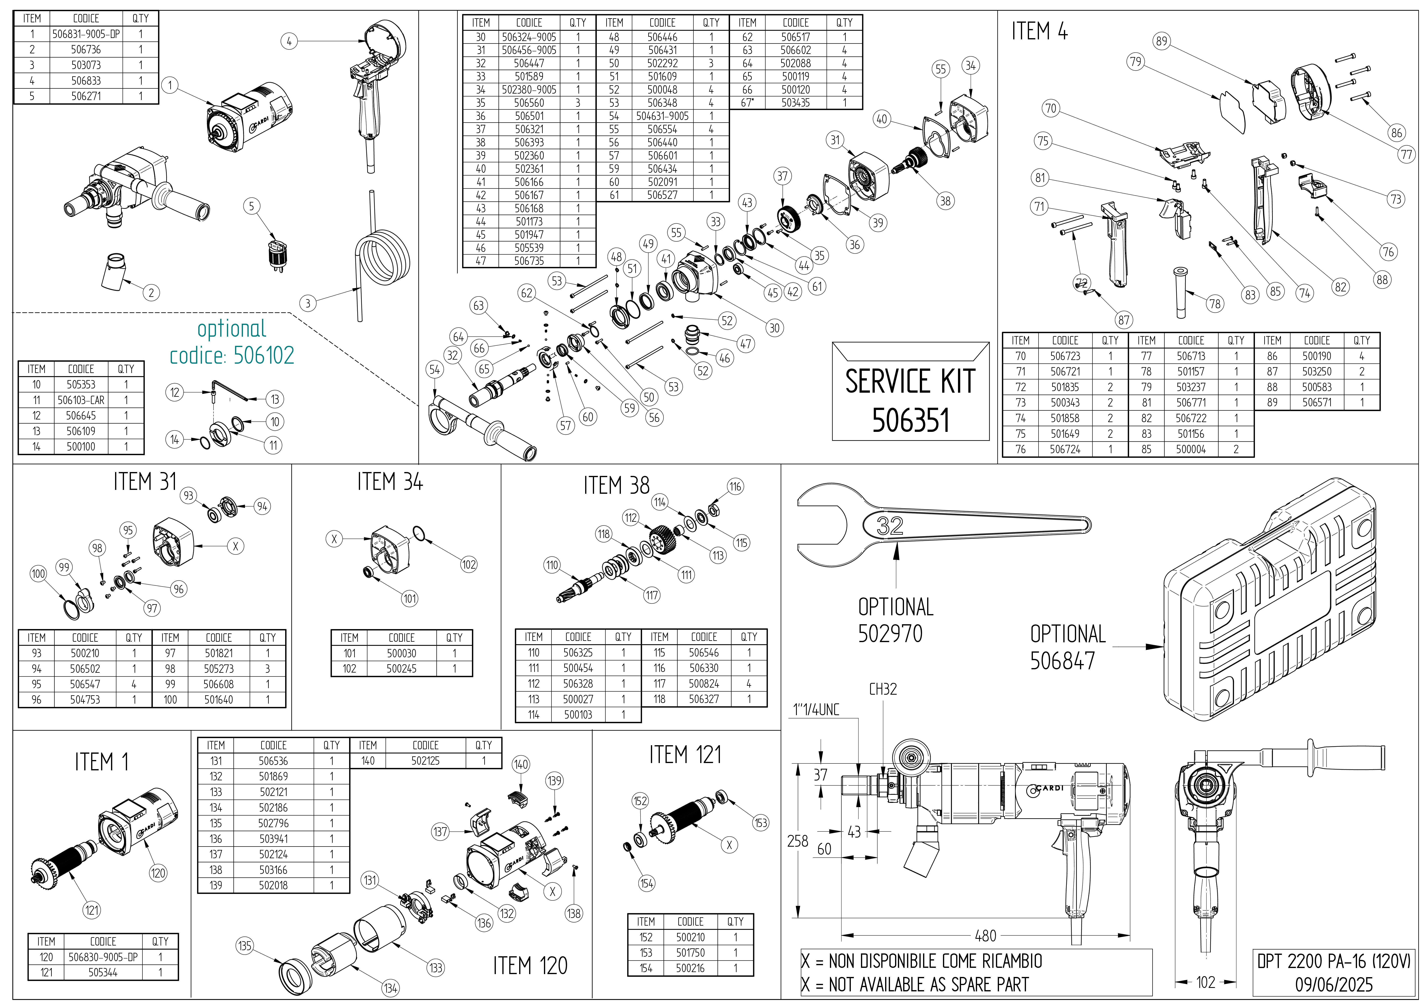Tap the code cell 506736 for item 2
tap(86, 50)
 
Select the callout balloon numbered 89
tap(1161, 42)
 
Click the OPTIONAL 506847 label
tap(1068, 647)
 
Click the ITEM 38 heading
tap(616, 485)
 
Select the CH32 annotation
tap(882, 689)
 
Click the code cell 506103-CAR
tap(81, 400)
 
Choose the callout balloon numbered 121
tap(92, 911)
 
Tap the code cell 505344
tap(103, 973)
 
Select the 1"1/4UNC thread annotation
tap(816, 709)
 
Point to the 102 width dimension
tap(1205, 982)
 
